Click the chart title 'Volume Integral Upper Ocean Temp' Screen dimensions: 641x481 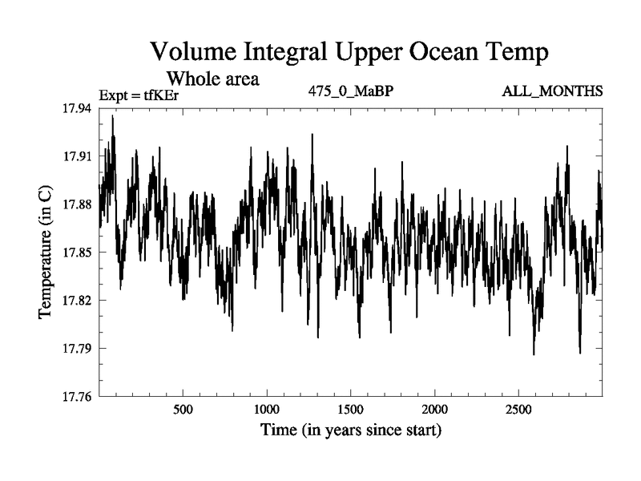349,53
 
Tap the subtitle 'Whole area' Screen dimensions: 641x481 213,79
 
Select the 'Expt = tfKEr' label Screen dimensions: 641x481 139,95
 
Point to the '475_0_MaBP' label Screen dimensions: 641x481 351,91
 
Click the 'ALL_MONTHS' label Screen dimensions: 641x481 552,91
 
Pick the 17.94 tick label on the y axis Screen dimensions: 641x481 77,108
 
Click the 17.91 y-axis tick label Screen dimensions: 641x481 77,156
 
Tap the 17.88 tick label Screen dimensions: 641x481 77,204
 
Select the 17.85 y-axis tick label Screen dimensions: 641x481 77,253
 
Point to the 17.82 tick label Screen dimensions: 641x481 77,300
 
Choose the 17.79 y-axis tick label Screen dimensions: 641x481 77,349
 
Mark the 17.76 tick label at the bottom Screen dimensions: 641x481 77,396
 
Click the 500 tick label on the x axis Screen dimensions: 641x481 183,410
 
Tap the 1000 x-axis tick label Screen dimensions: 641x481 267,410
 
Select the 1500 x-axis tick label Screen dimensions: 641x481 351,410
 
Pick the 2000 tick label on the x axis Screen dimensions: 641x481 434,410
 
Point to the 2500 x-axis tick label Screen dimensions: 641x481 518,410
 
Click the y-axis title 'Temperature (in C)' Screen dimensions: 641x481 45,253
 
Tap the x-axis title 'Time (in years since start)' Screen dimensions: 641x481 351,430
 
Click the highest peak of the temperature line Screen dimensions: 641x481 113,115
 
